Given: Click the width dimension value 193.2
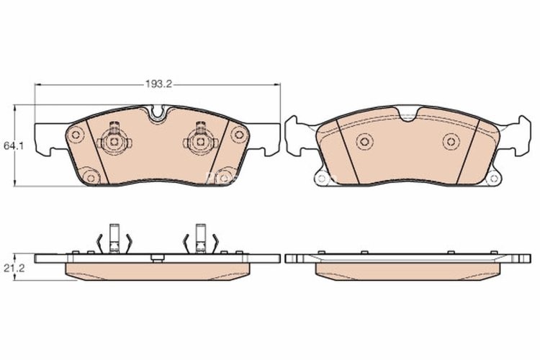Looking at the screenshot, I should tap(157, 84).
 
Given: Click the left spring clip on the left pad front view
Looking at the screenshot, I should tap(113, 140).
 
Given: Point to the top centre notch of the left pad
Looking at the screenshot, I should tap(158, 113).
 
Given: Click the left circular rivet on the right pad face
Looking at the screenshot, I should tap(364, 141).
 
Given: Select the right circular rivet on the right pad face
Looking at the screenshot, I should tap(451, 141).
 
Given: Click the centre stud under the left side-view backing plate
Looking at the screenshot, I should tap(157, 258).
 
